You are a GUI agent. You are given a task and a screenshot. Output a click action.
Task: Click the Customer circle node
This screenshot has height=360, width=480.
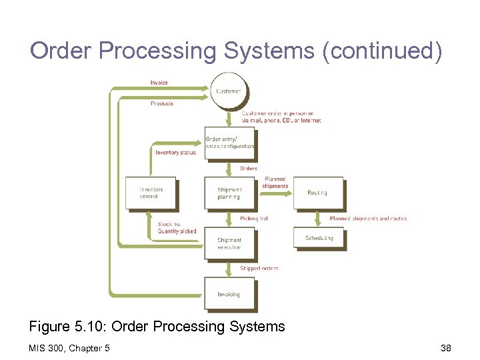(229, 90)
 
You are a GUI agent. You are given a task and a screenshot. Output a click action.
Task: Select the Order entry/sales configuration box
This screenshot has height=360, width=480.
(229, 142)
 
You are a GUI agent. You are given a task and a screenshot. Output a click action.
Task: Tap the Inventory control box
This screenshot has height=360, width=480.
(151, 193)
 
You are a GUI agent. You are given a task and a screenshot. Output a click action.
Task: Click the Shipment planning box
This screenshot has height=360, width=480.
(229, 193)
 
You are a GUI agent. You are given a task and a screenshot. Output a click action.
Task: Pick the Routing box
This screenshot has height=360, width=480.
(318, 193)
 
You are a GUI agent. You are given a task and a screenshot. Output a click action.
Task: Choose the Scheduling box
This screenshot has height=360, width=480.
(319, 238)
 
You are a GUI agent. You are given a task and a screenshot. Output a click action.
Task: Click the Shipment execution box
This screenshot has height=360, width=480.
(229, 243)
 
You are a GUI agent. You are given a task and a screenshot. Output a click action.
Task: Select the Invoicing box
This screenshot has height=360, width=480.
(229, 294)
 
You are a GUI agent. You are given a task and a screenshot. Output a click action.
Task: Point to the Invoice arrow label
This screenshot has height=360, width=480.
(159, 83)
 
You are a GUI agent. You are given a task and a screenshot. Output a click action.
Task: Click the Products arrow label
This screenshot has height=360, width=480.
(161, 103)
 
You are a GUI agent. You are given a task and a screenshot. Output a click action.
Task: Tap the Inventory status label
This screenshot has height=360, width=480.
(175, 153)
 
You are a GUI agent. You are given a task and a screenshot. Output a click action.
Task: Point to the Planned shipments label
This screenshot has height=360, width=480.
(275, 183)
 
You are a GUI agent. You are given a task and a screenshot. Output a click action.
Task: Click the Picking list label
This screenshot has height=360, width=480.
(254, 219)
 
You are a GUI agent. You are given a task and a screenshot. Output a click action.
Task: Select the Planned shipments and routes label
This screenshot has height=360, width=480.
(368, 219)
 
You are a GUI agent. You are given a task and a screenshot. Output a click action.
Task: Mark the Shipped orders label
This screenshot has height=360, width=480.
(259, 268)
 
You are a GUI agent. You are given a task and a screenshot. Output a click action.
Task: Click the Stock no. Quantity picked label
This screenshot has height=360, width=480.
(177, 228)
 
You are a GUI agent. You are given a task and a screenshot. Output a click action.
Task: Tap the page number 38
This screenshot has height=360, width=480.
(446, 348)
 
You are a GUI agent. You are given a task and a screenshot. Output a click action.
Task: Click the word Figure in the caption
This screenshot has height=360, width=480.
(49, 327)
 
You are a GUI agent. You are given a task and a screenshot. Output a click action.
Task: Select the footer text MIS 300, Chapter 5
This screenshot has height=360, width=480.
(70, 348)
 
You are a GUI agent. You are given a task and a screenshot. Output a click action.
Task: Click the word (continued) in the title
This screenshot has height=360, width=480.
(381, 51)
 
